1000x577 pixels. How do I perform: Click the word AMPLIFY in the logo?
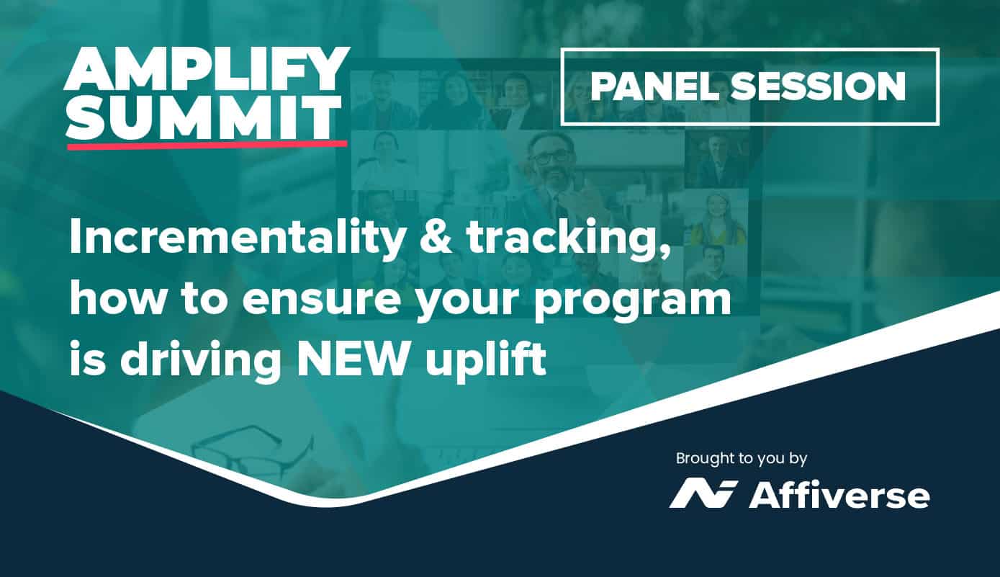tap(207, 70)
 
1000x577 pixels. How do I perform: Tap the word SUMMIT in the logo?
tap(204, 117)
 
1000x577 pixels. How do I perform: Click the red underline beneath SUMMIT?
tap(207, 144)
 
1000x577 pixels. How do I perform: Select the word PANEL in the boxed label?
tap(654, 86)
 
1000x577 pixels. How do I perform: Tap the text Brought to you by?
tap(742, 460)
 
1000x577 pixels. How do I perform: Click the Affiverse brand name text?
tap(839, 496)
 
